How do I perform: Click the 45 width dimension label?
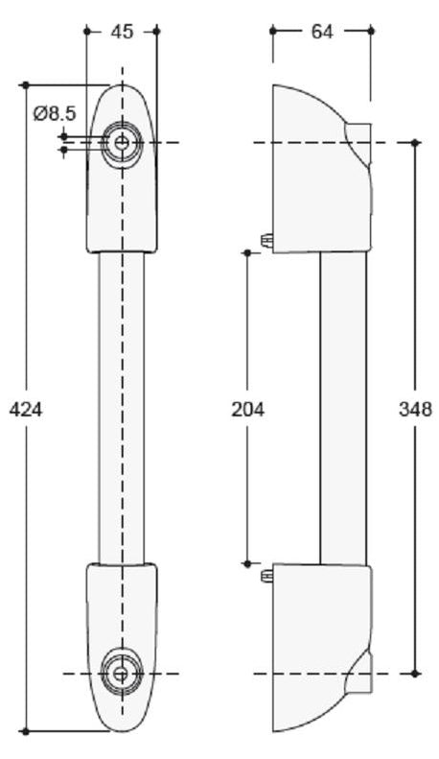click(x=122, y=32)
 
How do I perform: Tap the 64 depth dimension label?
click(x=322, y=32)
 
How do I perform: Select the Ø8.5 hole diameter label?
click(x=54, y=114)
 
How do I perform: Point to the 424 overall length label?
click(x=26, y=410)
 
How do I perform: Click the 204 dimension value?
click(x=247, y=410)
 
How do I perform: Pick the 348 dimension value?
click(x=415, y=410)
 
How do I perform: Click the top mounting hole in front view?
click(x=122, y=143)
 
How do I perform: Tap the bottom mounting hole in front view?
click(x=122, y=673)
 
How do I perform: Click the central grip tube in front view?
click(x=122, y=408)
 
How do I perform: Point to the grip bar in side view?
click(x=343, y=408)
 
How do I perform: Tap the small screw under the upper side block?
click(x=267, y=237)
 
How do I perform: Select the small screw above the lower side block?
click(x=267, y=576)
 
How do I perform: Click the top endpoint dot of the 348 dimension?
click(x=415, y=143)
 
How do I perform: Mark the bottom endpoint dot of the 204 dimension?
click(x=247, y=564)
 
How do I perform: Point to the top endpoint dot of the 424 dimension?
click(x=26, y=85)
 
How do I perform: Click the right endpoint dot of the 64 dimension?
click(x=371, y=31)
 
